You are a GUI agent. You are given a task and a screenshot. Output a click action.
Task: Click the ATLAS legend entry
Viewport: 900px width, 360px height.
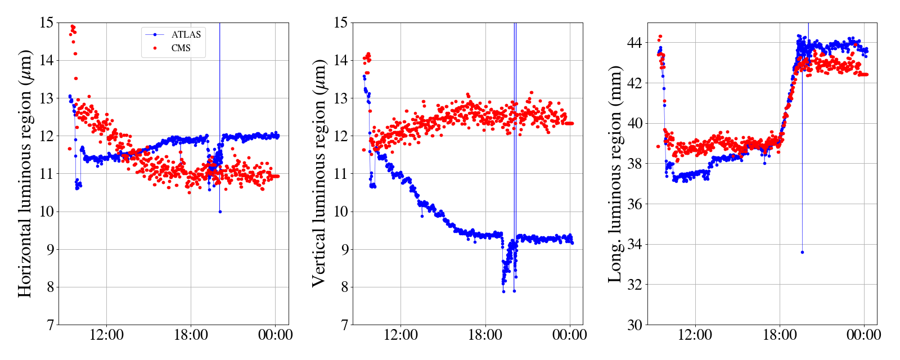186,34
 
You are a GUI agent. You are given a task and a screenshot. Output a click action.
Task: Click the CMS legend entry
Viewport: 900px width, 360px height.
181,48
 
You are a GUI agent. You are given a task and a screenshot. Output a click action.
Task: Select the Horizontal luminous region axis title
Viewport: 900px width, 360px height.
25,173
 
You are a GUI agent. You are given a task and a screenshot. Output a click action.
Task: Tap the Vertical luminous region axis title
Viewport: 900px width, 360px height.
319,173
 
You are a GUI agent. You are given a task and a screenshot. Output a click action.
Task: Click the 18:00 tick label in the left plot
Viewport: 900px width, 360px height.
191,335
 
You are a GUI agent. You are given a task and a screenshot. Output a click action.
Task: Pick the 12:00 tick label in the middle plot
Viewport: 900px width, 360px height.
400,335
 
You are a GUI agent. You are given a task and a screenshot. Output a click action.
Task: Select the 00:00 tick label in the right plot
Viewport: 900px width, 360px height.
863,335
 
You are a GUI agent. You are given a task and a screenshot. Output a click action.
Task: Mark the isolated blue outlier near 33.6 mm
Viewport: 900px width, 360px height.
802,252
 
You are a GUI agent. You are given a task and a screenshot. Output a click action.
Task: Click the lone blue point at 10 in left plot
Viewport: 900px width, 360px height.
220,211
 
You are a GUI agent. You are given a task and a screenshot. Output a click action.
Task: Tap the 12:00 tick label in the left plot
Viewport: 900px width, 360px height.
106,335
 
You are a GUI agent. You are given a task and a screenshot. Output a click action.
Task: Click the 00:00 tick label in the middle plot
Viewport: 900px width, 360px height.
569,335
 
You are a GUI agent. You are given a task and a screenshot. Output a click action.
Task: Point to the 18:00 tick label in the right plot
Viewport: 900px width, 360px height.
780,335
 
